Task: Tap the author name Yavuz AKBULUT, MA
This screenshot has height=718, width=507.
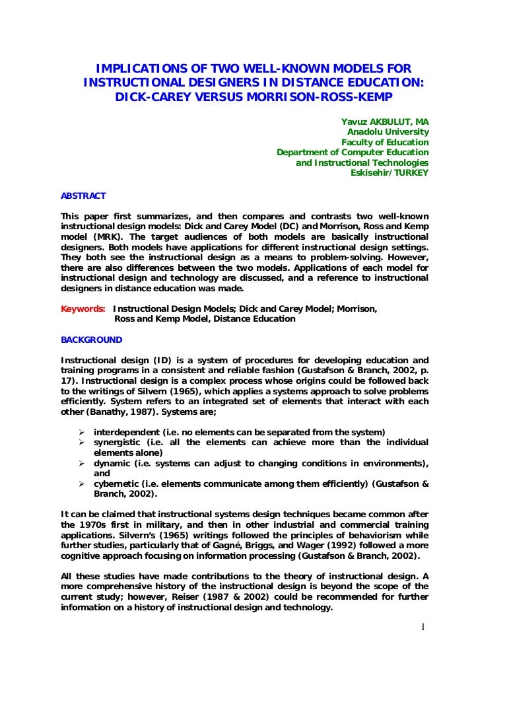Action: coord(385,122)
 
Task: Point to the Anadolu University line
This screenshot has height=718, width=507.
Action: coord(388,132)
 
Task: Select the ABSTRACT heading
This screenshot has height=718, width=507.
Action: coord(83,196)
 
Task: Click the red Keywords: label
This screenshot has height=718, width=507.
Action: coord(83,308)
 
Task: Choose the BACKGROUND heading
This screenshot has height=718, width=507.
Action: coord(92,340)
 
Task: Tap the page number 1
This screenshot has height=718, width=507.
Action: coord(422,627)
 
